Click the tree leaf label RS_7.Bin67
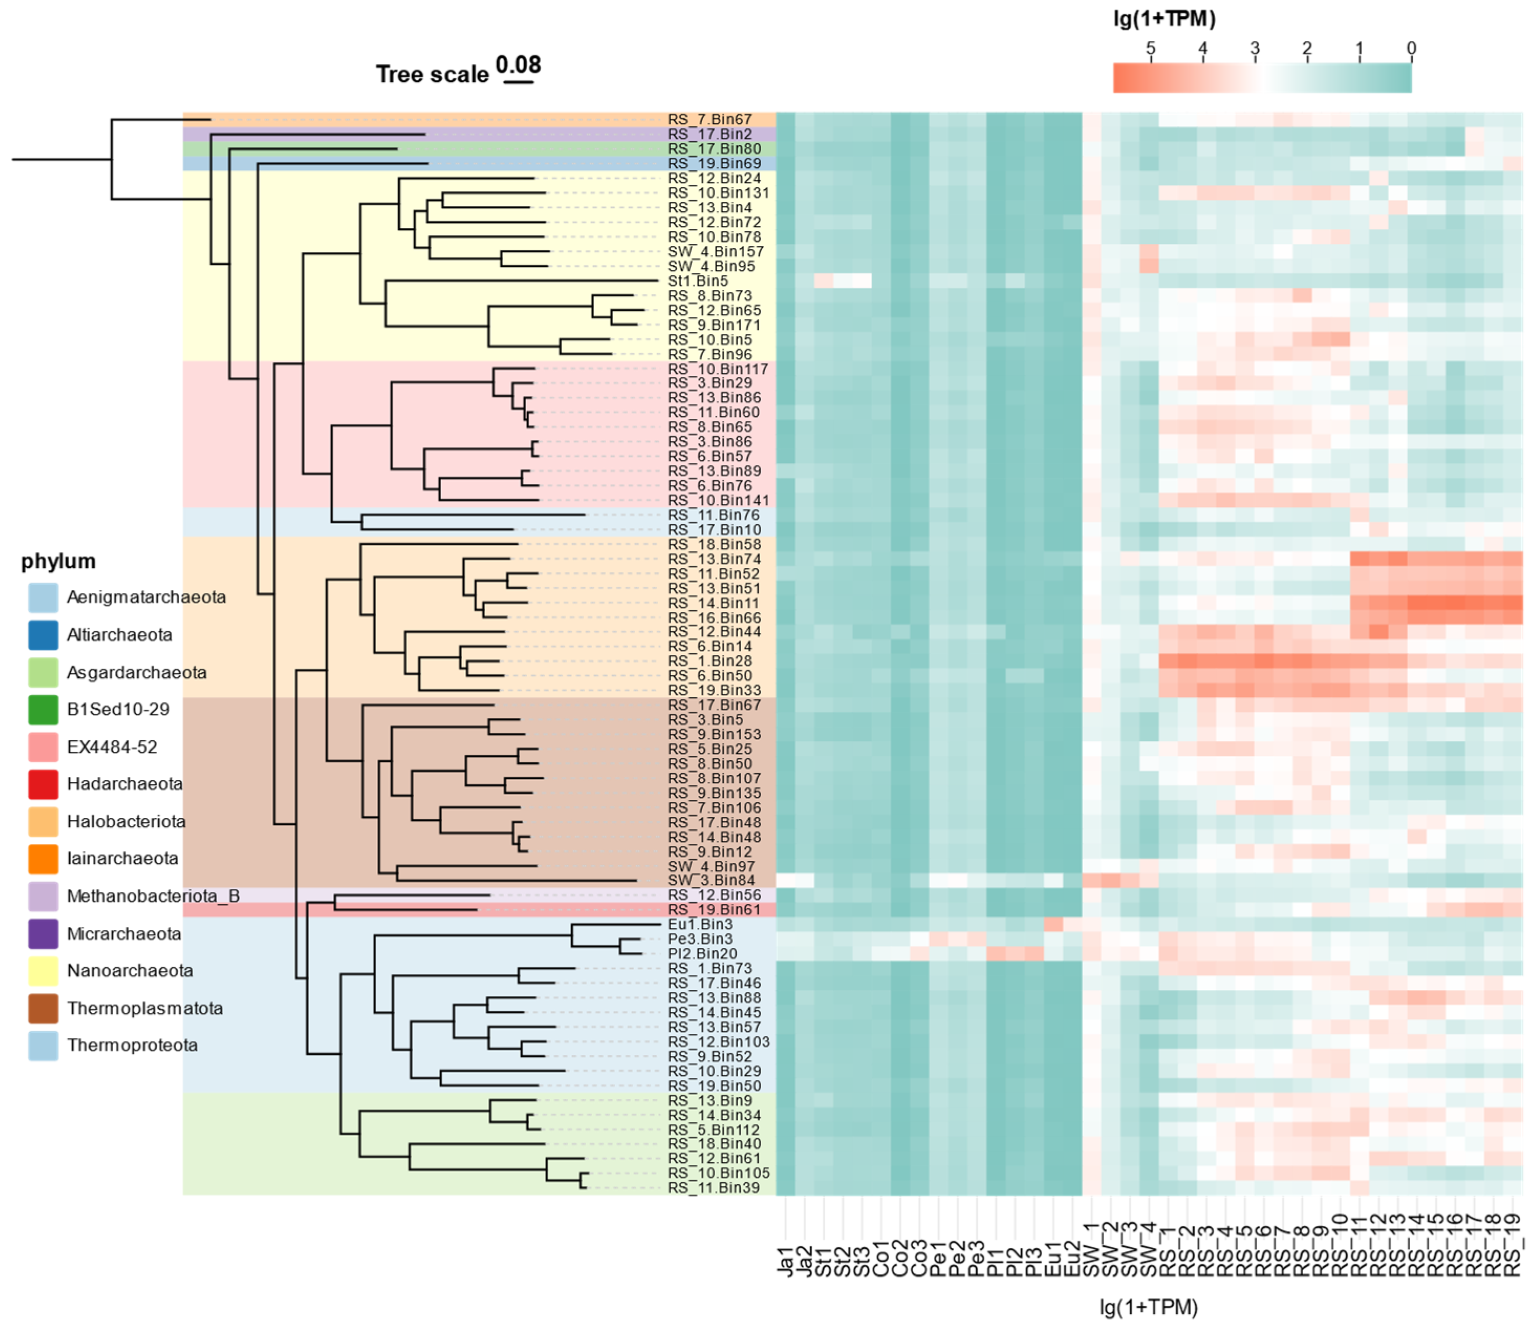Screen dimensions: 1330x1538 click(x=709, y=120)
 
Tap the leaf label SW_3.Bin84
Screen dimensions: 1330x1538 click(x=711, y=881)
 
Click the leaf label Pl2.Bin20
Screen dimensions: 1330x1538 click(x=702, y=954)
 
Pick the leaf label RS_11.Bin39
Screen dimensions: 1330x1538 click(x=713, y=1188)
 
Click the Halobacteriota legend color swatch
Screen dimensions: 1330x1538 click(x=43, y=822)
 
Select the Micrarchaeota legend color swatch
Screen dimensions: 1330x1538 click(x=43, y=934)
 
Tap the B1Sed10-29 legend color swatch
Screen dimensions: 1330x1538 click(x=43, y=710)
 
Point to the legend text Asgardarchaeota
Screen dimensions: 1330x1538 click(x=137, y=673)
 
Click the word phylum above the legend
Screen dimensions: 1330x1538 click(x=58, y=561)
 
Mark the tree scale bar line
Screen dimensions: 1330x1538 click(x=518, y=82)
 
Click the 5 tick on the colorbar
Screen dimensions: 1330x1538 click(x=1151, y=49)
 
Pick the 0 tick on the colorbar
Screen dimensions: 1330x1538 click(x=1411, y=49)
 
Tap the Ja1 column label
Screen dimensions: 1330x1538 click(x=786, y=1262)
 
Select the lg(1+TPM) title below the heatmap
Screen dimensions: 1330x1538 click(x=1148, y=1308)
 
